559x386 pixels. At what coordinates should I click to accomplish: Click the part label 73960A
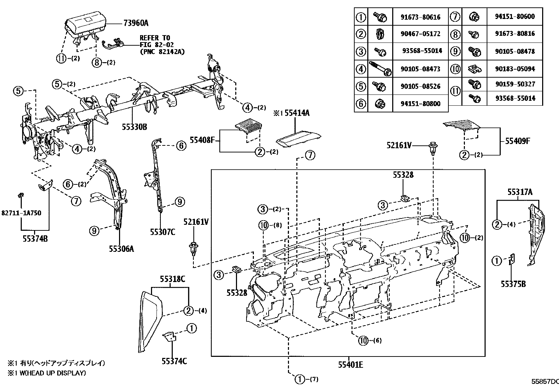136,23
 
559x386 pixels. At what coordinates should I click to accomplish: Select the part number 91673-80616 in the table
420,17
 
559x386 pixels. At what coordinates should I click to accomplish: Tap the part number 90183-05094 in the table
515,69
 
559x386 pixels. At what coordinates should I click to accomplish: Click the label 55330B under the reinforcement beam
134,127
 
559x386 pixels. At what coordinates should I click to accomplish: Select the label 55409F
518,141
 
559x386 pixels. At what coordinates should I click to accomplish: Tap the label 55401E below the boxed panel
350,365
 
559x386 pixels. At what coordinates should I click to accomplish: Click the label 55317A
520,192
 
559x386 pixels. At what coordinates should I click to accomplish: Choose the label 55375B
513,284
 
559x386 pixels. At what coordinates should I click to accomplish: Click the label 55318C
172,279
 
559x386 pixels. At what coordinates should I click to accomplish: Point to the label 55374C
174,361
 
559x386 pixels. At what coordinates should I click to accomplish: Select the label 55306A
121,249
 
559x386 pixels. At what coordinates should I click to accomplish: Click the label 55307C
163,232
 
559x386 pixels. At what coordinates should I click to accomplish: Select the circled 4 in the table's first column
361,69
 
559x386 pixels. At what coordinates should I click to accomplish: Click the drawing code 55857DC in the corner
544,381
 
